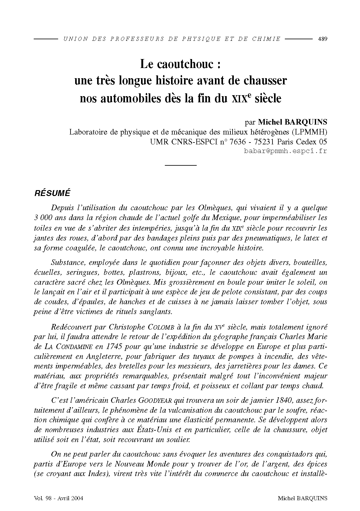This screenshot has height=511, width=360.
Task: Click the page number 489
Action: [x=323, y=39]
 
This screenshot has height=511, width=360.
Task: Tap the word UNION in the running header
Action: [x=71, y=39]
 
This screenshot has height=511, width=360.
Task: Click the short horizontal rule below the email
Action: [x=181, y=166]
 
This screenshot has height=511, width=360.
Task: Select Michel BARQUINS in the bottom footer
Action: [x=302, y=498]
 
